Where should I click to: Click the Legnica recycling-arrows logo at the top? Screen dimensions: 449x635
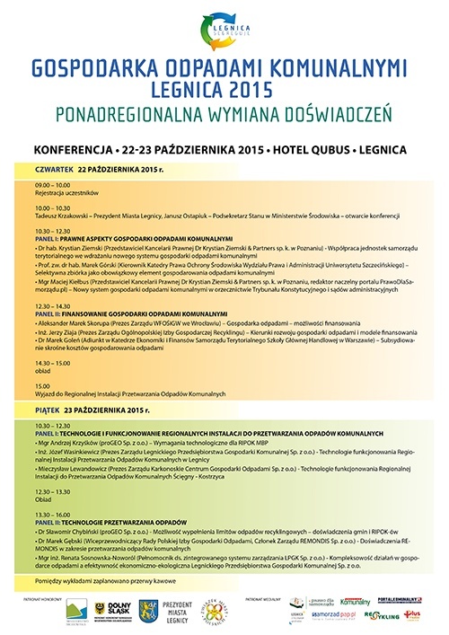[x=224, y=31]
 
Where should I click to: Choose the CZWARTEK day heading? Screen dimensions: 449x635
[x=50, y=167]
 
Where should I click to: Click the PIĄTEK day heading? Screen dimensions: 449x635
[x=46, y=410]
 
